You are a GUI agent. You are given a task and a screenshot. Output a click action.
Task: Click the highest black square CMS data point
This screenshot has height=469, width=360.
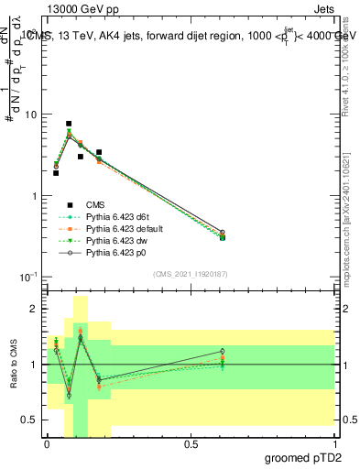coord(69,124)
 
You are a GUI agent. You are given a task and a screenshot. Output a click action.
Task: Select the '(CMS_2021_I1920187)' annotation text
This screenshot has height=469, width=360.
coord(191,273)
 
